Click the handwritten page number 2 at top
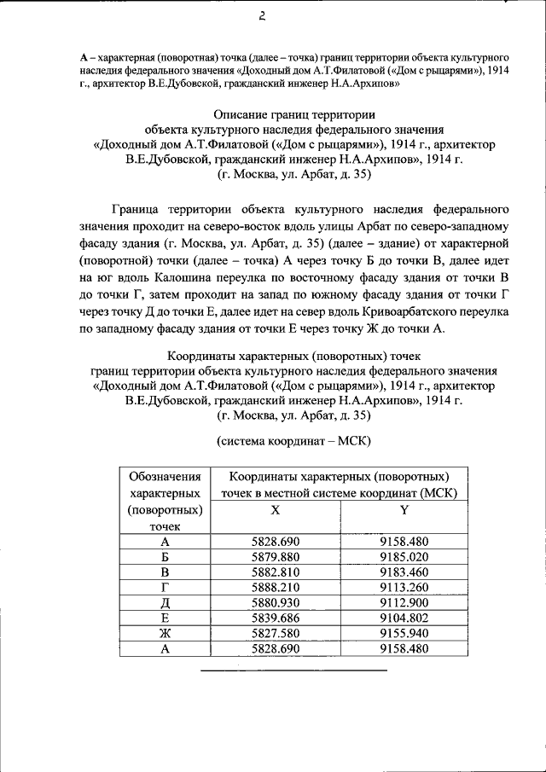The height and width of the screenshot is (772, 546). [263, 15]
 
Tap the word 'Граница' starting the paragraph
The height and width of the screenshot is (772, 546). [139, 208]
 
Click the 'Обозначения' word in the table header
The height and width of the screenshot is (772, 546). [165, 476]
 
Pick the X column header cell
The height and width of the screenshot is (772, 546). [275, 509]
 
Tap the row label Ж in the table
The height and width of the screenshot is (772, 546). [165, 633]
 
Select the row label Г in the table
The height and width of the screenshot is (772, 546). [165, 588]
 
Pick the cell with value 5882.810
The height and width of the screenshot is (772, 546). [275, 572]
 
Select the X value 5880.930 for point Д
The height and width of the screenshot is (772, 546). [275, 603]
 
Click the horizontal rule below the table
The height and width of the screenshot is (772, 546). [293, 670]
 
